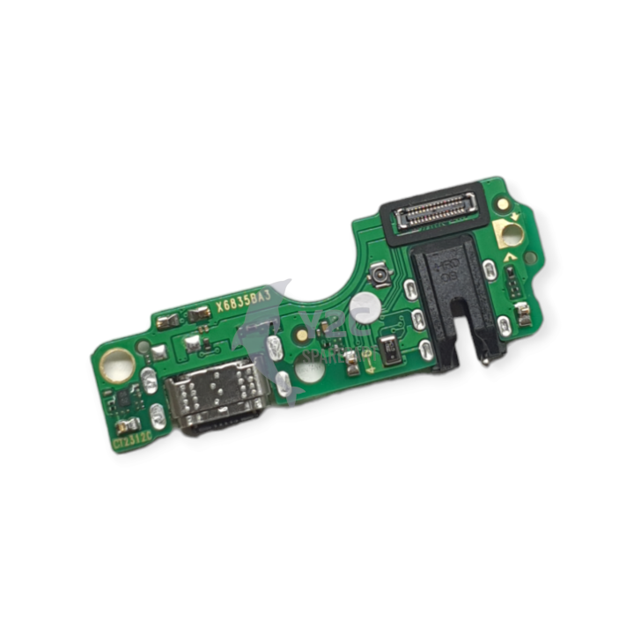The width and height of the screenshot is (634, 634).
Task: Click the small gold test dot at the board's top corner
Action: [503, 203]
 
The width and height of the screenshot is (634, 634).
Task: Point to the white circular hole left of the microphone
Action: [362, 309]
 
